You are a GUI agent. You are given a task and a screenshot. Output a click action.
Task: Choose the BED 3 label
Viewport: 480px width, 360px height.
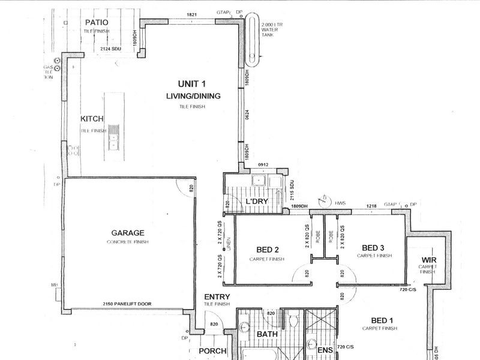[374, 247]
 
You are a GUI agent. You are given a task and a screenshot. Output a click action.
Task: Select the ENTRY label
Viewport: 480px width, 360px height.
[217, 296]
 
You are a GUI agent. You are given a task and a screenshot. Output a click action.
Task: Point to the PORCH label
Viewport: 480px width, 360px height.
[213, 351]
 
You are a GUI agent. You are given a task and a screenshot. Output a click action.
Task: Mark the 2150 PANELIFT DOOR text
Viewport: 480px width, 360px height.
[125, 304]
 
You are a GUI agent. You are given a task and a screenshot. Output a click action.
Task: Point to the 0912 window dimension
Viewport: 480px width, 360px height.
[262, 165]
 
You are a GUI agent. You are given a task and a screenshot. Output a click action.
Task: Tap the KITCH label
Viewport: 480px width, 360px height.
[92, 119]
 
